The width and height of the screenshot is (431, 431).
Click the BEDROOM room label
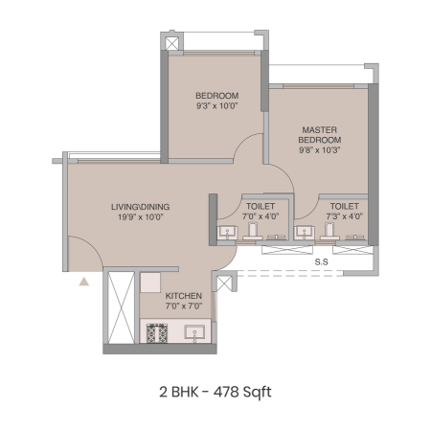[x=216, y=96]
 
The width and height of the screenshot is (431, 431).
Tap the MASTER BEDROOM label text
[x=320, y=135]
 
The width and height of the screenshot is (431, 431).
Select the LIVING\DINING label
[x=140, y=207]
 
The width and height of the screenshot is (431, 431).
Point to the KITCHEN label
[x=184, y=296]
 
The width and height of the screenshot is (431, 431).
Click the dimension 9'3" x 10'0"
[x=217, y=105]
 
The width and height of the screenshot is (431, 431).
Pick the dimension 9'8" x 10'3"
[x=320, y=149]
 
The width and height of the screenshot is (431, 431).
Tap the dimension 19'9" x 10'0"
[x=141, y=216]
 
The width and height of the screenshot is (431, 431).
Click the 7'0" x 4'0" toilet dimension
[x=261, y=216]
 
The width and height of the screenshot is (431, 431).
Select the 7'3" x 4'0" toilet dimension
[x=345, y=216]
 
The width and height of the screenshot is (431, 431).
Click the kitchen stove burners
[x=157, y=333]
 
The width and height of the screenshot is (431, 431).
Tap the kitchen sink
[x=194, y=333]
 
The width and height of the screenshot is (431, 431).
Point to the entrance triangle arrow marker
[x=84, y=282]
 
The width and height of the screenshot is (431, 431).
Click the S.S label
[x=321, y=262]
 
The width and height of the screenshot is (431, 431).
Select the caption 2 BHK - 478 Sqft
[x=215, y=392]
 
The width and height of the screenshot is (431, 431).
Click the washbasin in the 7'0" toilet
[x=227, y=233]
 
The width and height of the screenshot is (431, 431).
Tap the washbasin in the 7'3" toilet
[x=305, y=233]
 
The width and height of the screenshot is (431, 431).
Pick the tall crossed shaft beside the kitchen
[x=121, y=307]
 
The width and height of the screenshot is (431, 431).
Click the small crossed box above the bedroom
[x=171, y=43]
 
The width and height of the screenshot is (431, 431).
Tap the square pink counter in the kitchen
[x=150, y=283]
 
